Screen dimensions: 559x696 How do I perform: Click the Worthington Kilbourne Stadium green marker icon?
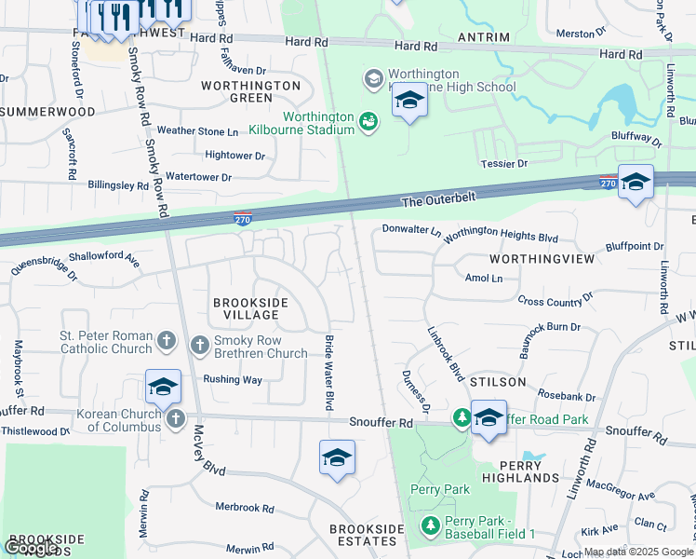(x=369, y=121)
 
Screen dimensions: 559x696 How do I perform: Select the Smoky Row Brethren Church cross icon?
(x=199, y=346)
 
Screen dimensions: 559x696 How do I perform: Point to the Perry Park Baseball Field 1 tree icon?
(x=430, y=527)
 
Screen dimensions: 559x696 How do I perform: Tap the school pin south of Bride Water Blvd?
(x=337, y=458)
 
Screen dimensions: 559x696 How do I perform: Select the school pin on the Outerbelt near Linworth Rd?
(x=636, y=183)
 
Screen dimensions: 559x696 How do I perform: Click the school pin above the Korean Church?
(x=163, y=387)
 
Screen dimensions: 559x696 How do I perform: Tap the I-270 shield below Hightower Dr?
(x=241, y=218)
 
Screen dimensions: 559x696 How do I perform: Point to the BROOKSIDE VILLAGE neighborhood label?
(x=251, y=308)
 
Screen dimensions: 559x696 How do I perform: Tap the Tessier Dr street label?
(x=504, y=164)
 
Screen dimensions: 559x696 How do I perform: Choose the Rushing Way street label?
(x=233, y=379)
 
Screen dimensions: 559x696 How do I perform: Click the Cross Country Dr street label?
(x=555, y=300)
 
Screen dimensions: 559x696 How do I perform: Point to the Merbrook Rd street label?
(x=245, y=509)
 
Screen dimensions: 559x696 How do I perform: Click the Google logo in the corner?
(x=31, y=548)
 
